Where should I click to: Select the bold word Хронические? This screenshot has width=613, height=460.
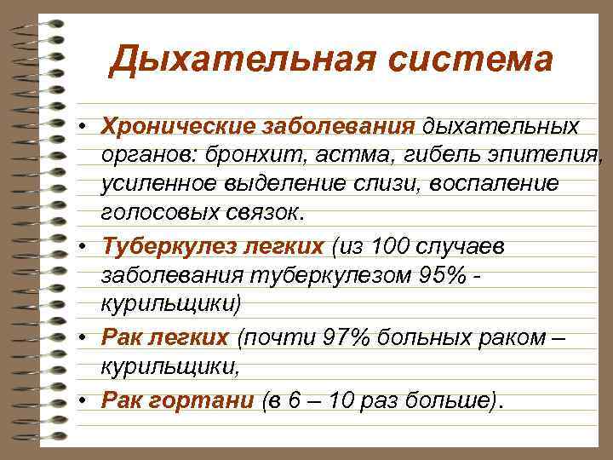click(169, 126)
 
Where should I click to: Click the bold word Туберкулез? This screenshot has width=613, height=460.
click(160, 246)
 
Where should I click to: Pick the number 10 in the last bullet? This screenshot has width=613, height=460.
click(345, 400)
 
